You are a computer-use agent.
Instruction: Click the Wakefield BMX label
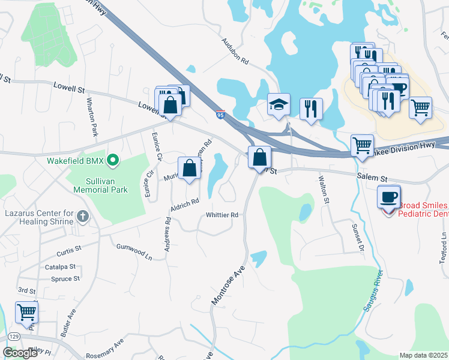(x=74, y=161)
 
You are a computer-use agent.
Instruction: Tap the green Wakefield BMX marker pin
(x=112, y=161)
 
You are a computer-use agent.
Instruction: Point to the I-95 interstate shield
(x=221, y=113)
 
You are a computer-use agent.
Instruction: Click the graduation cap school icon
(x=279, y=104)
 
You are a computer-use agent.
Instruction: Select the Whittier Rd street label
(x=222, y=215)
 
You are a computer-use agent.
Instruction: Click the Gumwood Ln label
(x=134, y=251)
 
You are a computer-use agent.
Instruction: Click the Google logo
(x=19, y=353)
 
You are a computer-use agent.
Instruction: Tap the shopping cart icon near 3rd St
(x=26, y=312)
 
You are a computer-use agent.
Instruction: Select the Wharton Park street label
(x=91, y=117)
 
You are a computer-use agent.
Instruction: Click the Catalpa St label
(x=59, y=266)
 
